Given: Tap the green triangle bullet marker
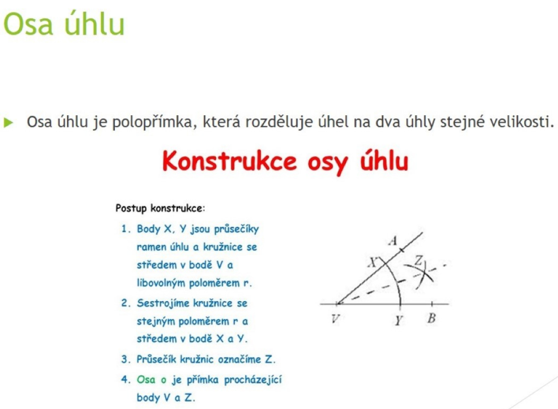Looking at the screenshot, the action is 8,123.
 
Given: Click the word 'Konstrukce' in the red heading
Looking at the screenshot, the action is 229,161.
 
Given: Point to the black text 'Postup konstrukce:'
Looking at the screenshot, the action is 160,208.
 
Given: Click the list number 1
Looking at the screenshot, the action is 126,229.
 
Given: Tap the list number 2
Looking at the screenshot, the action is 126,303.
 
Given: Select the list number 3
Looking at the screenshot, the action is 126,359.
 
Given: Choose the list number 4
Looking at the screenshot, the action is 126,380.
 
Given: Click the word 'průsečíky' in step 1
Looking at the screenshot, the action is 236,229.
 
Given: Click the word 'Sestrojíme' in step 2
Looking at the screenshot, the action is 163,303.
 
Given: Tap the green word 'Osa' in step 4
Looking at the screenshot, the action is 146,380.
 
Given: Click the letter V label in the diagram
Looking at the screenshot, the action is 335,318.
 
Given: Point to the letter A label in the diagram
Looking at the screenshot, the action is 393,241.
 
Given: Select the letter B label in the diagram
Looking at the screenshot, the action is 432,318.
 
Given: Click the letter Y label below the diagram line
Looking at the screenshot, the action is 399,320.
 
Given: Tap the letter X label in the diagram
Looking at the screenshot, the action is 373,263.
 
